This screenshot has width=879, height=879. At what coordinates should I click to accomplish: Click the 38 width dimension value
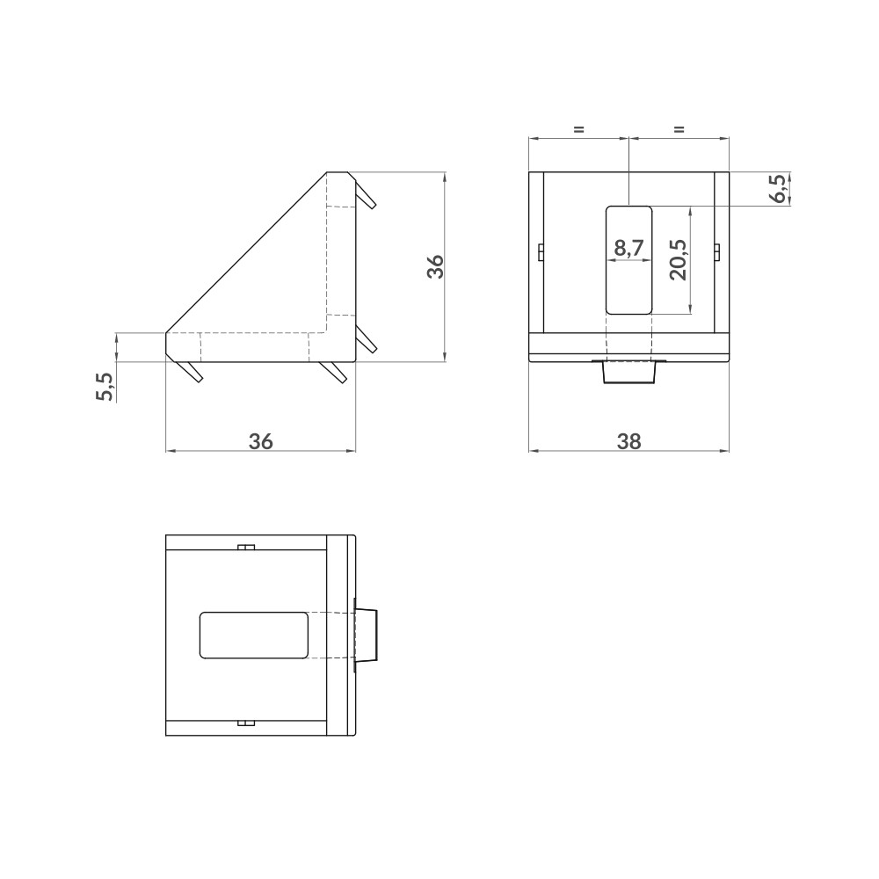coord(628,441)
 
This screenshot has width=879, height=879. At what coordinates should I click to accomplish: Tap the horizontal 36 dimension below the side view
coord(260,441)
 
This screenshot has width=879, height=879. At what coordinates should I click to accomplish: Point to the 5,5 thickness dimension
coord(105,387)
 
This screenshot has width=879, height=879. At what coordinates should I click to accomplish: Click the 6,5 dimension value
coord(777,189)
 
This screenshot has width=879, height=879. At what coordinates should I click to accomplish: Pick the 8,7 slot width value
coord(629,249)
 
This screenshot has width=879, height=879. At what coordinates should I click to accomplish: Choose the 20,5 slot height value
coord(679,259)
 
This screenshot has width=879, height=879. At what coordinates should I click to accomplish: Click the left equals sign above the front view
coord(578,130)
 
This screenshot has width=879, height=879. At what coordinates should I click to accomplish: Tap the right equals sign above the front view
coord(679,130)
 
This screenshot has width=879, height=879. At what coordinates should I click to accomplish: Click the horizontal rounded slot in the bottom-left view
coord(254,636)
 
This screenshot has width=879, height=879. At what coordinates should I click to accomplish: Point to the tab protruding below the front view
coord(629,373)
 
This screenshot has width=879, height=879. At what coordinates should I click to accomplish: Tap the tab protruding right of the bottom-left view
coord(367,635)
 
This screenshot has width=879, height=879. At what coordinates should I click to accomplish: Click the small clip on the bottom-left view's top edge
coord(247,548)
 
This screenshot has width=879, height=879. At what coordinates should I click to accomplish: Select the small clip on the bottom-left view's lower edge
coord(247,723)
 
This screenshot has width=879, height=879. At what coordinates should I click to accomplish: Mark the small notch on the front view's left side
coord(539,253)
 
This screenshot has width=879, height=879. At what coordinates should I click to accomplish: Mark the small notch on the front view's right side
coord(718,253)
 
